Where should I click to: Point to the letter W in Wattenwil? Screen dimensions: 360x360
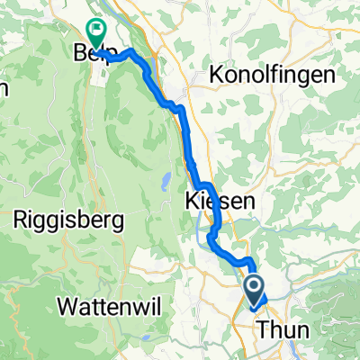click(x=63, y=306)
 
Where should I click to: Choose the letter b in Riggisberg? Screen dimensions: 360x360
click(x=79, y=218)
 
